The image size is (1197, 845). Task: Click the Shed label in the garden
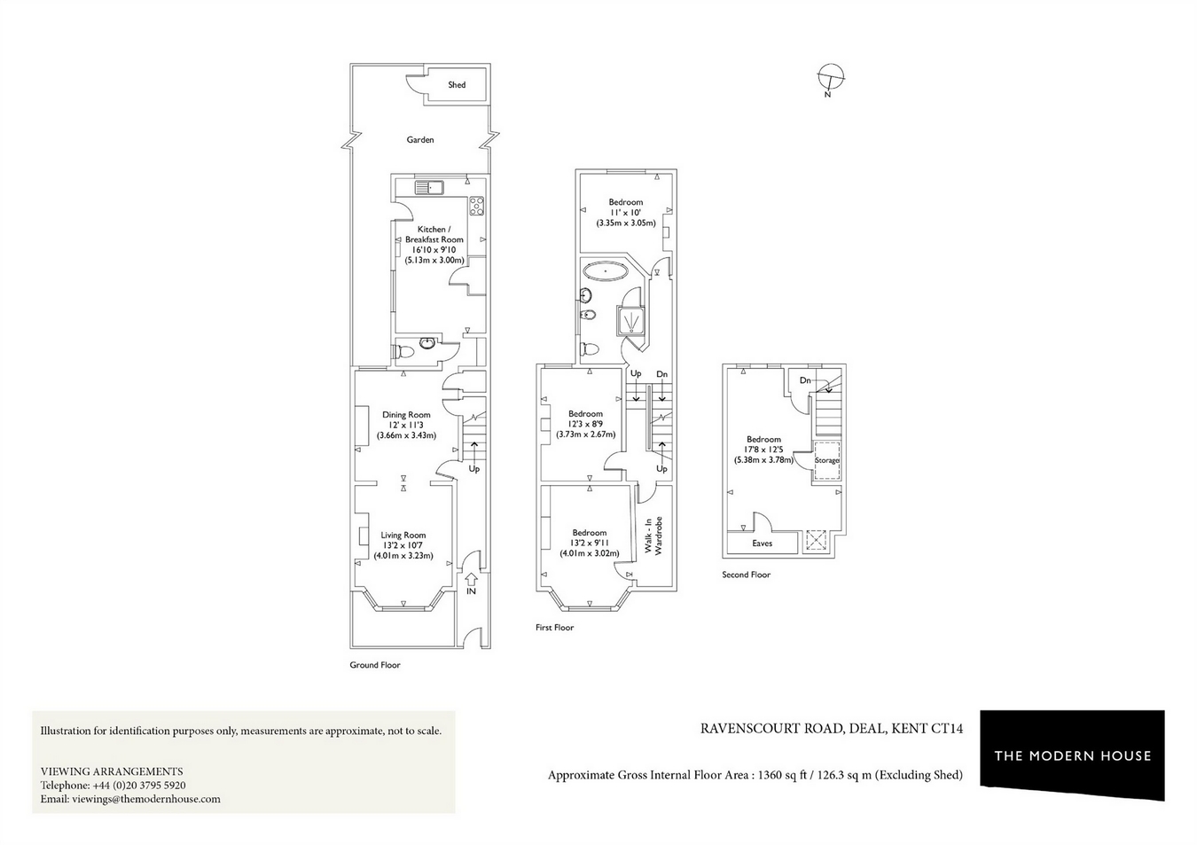pyautogui.click(x=457, y=85)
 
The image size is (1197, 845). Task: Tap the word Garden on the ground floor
pyautogui.click(x=420, y=140)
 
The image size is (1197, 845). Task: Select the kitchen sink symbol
pyautogui.click(x=430, y=187)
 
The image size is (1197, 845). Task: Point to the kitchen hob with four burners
pyautogui.click(x=477, y=205)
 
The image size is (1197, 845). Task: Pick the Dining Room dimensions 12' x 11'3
pyautogui.click(x=406, y=426)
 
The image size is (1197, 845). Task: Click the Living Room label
pyautogui.click(x=403, y=536)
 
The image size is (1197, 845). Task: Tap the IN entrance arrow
pyautogui.click(x=471, y=584)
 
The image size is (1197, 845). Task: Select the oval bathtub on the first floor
pyautogui.click(x=606, y=270)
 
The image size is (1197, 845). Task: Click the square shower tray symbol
pyautogui.click(x=630, y=319)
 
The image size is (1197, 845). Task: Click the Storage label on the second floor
pyautogui.click(x=827, y=461)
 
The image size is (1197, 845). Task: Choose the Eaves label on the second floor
pyautogui.click(x=762, y=544)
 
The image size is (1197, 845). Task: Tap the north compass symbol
pyautogui.click(x=831, y=78)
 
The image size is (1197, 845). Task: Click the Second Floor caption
pyautogui.click(x=746, y=575)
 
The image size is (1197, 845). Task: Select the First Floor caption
pyautogui.click(x=554, y=628)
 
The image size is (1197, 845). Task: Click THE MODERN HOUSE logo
pyautogui.click(x=1072, y=755)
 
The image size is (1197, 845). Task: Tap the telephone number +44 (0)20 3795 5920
pyautogui.click(x=139, y=786)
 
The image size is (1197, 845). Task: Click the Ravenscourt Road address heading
pyautogui.click(x=831, y=730)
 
